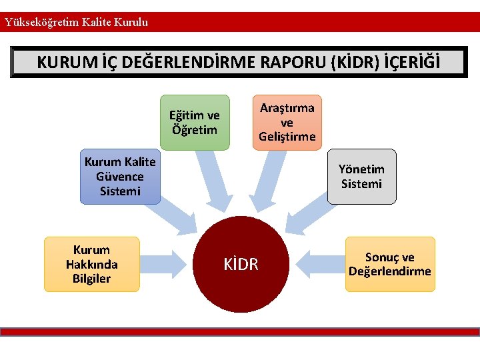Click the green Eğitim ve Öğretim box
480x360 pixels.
(x=195, y=123)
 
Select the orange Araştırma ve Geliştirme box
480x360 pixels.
(x=287, y=122)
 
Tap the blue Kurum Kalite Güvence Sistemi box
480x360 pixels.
(x=120, y=177)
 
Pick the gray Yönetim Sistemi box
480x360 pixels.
(x=361, y=177)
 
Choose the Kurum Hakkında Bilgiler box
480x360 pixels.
(x=92, y=264)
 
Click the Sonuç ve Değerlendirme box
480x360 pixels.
(x=390, y=264)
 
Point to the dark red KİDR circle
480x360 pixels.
(x=241, y=265)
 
